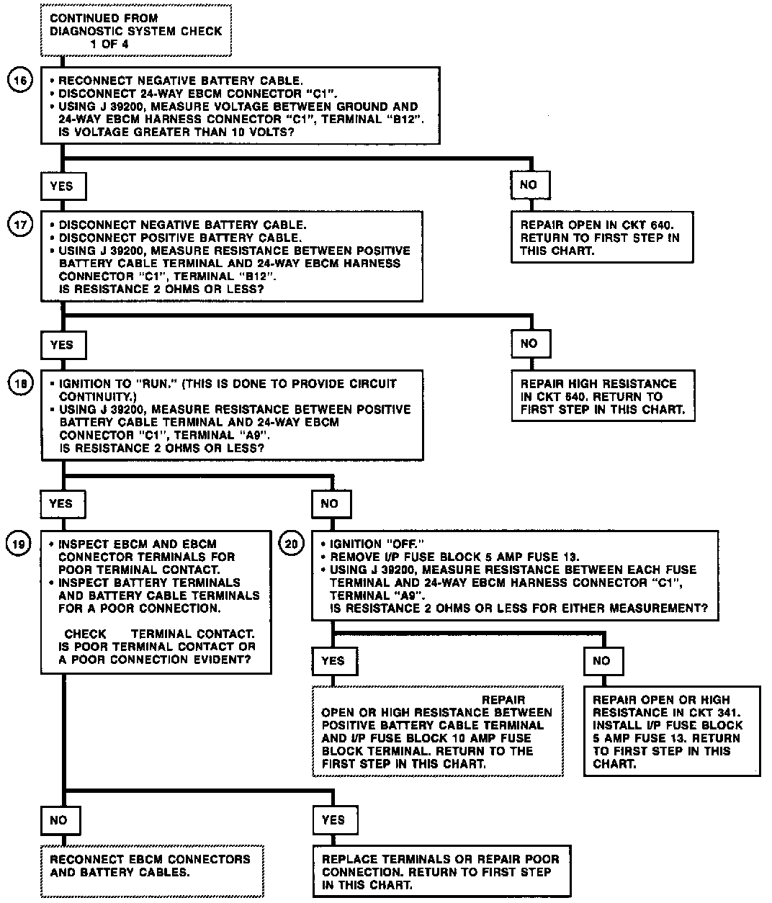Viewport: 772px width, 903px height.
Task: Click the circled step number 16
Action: tap(21, 81)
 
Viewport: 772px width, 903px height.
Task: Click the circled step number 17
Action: tap(21, 225)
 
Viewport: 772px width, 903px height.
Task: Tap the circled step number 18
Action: tap(21, 384)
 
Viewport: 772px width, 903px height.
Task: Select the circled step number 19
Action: tap(21, 544)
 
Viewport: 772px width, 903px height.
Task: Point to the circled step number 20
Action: tap(291, 544)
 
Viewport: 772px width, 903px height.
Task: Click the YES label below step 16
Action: tap(62, 186)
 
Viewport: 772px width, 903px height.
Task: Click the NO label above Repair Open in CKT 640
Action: tap(529, 185)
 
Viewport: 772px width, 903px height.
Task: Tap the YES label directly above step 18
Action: tap(62, 345)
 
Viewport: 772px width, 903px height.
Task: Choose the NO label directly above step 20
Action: tap(329, 503)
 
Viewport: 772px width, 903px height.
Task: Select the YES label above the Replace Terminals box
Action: tap(333, 819)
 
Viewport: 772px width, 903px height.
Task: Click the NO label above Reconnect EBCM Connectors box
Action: tap(59, 819)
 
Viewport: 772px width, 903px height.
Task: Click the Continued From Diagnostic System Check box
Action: tap(135, 30)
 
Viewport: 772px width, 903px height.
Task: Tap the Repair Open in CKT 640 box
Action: tap(601, 238)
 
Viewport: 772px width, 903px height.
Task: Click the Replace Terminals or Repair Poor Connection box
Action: tap(441, 872)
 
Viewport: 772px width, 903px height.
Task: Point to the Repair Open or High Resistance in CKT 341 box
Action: tap(671, 731)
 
